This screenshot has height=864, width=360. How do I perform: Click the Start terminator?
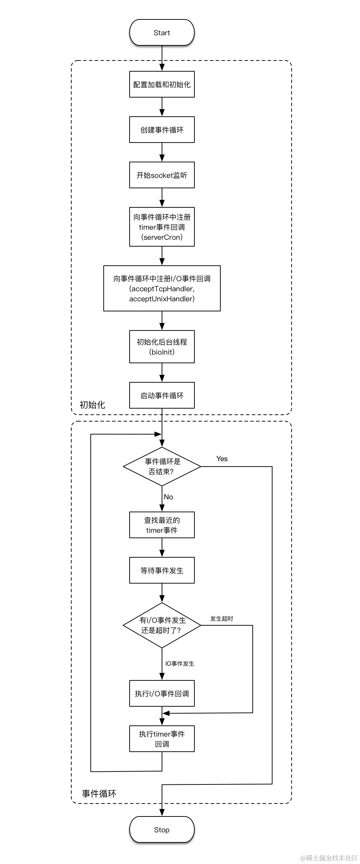click(x=162, y=33)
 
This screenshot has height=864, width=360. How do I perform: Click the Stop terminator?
click(x=162, y=830)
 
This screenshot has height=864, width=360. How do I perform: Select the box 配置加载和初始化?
click(x=162, y=85)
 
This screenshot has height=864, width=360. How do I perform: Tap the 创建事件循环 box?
click(x=162, y=130)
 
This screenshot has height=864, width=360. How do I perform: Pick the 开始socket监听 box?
click(x=162, y=175)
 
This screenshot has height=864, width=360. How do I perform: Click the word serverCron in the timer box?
click(x=162, y=237)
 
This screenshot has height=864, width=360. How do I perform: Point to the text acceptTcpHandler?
click(x=162, y=289)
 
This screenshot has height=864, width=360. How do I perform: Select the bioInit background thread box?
click(x=162, y=347)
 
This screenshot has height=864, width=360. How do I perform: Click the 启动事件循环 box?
click(x=162, y=396)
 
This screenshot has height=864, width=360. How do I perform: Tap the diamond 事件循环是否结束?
click(x=162, y=467)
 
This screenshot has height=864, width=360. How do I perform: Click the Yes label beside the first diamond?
click(x=222, y=459)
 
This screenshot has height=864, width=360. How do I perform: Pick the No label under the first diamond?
click(x=168, y=497)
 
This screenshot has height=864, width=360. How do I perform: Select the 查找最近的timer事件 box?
click(x=162, y=525)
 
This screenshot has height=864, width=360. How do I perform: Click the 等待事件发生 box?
click(x=162, y=571)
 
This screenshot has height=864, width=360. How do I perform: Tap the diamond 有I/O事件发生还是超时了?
click(x=162, y=625)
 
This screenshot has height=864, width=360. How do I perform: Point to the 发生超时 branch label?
click(x=221, y=618)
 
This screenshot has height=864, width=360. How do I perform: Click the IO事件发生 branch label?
click(x=180, y=663)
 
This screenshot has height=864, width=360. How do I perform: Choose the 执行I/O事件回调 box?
click(x=162, y=694)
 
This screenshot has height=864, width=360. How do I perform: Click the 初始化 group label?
click(x=92, y=405)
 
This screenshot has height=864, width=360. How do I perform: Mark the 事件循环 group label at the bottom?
click(x=99, y=794)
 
